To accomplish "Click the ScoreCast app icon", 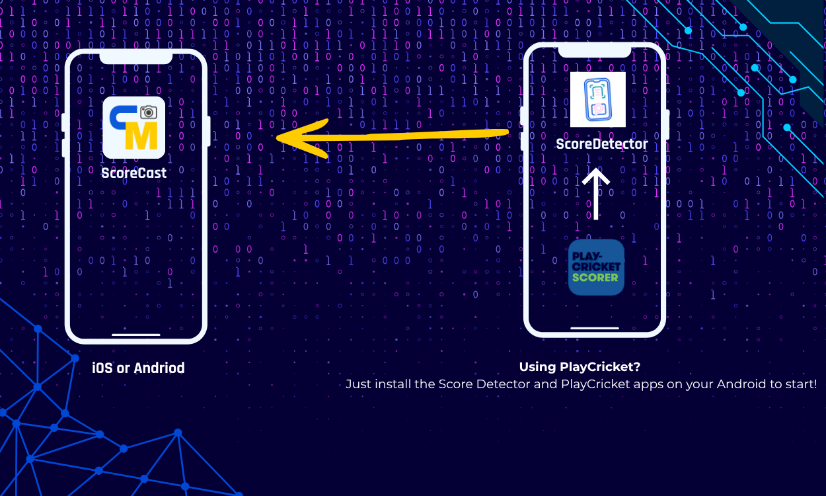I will click(133, 128).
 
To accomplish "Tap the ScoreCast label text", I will click(133, 173).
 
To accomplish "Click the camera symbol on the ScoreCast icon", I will click(149, 112).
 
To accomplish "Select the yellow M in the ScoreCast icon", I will click(140, 136).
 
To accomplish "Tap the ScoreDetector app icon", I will click(597, 100).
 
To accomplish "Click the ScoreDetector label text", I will click(601, 144).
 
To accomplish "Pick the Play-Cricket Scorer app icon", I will click(596, 267).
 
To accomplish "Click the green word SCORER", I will click(596, 277).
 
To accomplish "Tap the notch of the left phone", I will click(135, 58).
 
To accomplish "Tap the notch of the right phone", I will click(594, 52).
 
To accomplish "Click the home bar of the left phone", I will click(135, 335).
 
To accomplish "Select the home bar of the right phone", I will click(594, 327).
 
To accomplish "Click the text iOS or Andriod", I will click(138, 368).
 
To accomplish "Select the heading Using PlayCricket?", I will click(580, 366).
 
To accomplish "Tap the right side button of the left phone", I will click(209, 130).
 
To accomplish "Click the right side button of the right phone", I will click(667, 124).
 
